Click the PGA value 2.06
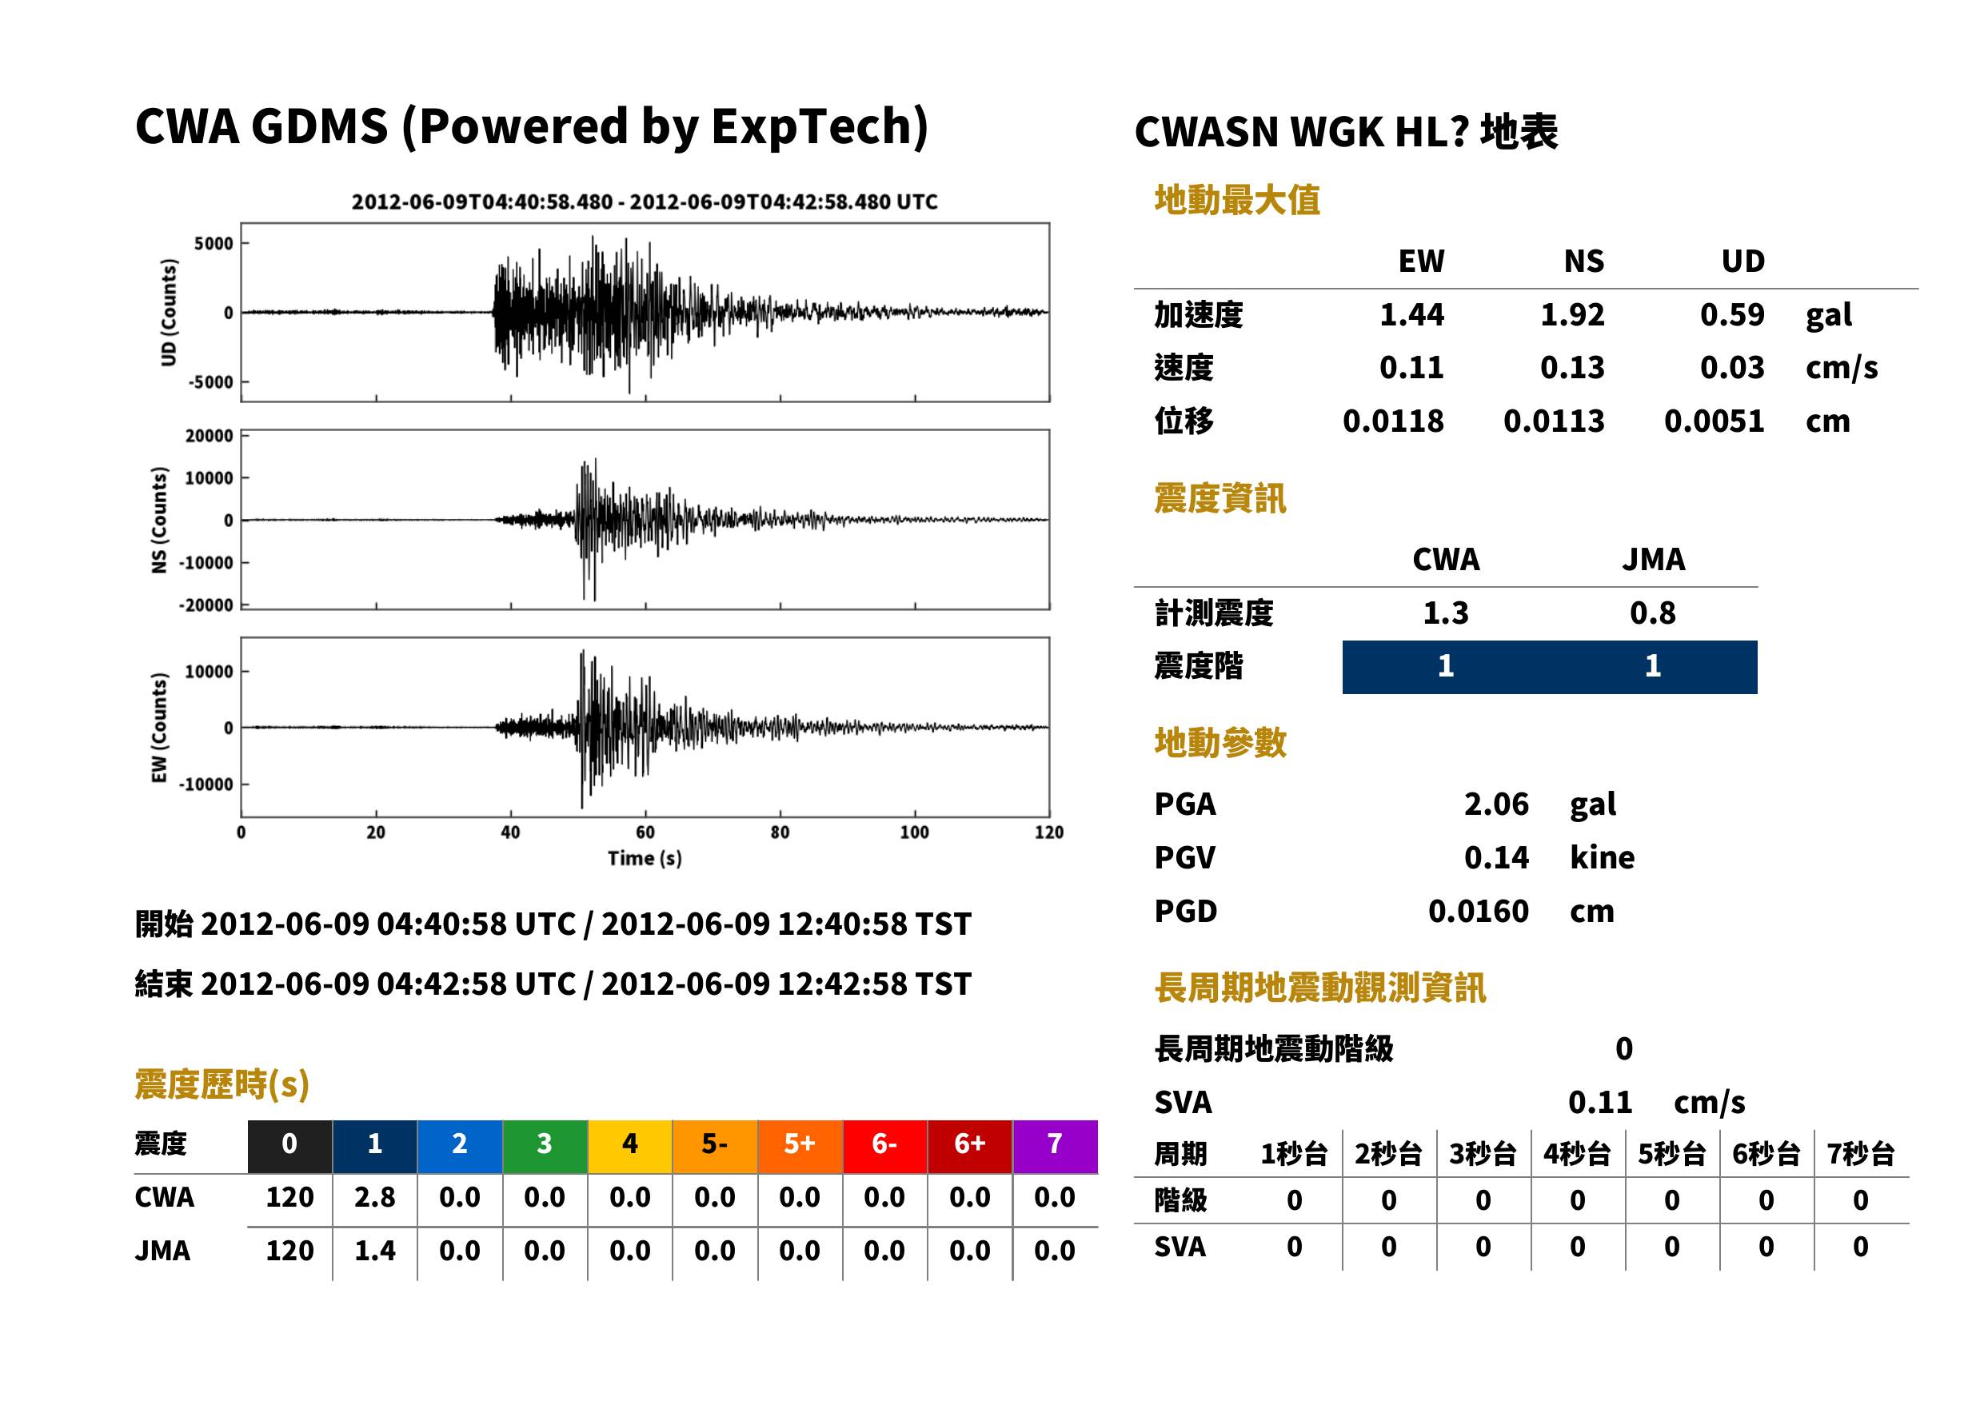(1495, 804)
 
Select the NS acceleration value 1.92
(1572, 314)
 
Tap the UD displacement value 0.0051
(1714, 421)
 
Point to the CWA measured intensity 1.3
(1446, 613)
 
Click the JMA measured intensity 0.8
(1652, 613)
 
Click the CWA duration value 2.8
(375, 1197)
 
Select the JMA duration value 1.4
(375, 1251)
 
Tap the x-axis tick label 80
(780, 832)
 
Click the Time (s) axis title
(645, 859)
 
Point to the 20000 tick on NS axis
(210, 435)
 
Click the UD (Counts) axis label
(169, 313)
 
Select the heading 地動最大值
(1237, 200)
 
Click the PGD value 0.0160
(1479, 911)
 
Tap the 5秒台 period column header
(1671, 1153)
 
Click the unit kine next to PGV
(1602, 856)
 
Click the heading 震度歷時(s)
(222, 1084)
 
